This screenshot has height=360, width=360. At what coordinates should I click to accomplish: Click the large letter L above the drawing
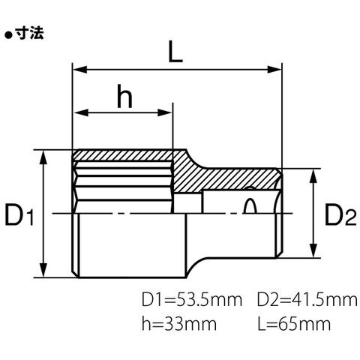[x=175, y=52]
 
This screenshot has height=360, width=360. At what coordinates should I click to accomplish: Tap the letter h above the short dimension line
[x=124, y=96]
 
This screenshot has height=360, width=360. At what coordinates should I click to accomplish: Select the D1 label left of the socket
[x=19, y=214]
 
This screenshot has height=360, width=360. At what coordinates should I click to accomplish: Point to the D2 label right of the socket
[x=340, y=214]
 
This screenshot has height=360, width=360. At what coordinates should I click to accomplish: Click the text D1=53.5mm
[x=192, y=300]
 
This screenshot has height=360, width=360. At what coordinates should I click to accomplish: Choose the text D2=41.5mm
[x=307, y=300]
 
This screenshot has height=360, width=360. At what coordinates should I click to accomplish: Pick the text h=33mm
[x=179, y=324]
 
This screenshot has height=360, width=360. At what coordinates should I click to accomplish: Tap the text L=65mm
[x=294, y=324]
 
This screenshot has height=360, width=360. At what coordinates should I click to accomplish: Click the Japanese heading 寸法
[x=29, y=33]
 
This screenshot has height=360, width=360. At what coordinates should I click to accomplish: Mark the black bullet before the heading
[x=9, y=35]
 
